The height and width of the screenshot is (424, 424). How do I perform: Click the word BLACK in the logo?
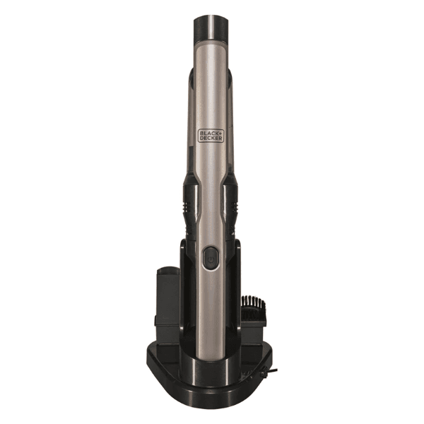click(x=208, y=133)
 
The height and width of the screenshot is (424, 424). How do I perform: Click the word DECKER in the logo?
click(x=211, y=139)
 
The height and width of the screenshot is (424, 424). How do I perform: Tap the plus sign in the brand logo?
click(x=220, y=133)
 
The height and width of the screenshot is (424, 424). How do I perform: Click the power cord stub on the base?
click(x=273, y=370)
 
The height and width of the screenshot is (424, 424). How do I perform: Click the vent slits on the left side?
click(x=187, y=207)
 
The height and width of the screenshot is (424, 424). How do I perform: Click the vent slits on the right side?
click(x=234, y=207)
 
